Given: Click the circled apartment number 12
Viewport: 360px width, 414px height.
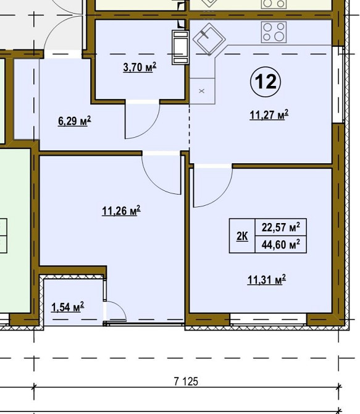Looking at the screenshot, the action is [x=266, y=82].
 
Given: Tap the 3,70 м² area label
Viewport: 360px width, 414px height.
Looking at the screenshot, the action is [x=140, y=67].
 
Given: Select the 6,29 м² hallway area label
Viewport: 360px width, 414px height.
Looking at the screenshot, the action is [x=75, y=121].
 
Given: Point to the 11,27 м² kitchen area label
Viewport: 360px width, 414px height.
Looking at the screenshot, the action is [x=269, y=115].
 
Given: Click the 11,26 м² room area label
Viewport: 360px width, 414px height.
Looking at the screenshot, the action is [x=121, y=211].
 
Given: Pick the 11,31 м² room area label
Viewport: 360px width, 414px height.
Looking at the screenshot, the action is [x=267, y=280].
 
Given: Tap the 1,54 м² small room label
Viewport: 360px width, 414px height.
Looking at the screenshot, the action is [x=68, y=307].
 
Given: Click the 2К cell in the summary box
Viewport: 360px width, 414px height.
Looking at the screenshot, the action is [x=242, y=236].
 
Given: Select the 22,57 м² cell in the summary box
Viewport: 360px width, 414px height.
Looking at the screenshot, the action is [x=281, y=227].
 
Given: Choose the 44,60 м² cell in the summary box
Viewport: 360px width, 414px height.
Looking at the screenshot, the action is [x=281, y=244].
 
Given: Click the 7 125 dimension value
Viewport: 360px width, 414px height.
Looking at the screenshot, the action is [x=186, y=381].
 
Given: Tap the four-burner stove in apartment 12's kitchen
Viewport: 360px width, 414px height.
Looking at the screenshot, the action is [x=274, y=32].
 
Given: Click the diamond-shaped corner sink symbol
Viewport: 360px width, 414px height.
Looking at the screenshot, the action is [x=209, y=39].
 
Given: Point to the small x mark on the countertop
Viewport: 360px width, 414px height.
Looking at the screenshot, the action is [x=202, y=91].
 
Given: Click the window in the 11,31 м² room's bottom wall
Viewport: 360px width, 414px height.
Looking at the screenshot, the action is [x=268, y=319].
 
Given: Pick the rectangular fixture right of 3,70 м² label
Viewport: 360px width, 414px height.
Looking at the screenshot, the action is [x=180, y=48].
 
